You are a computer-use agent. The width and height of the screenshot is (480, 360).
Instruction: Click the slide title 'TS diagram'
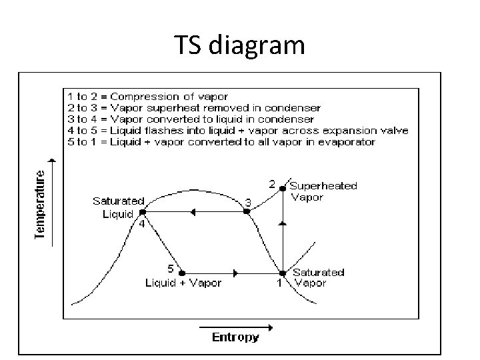240,45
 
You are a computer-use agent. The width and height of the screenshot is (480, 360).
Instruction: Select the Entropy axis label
235,337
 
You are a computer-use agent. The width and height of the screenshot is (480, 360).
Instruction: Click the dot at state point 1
282,273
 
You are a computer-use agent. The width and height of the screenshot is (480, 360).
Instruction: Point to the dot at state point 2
283,189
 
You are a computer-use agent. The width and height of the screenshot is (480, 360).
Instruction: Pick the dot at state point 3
247,211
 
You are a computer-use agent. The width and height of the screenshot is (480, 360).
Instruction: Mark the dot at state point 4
142,212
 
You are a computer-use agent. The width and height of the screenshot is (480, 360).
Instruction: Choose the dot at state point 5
182,273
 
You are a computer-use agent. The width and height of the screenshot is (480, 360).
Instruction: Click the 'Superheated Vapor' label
323,191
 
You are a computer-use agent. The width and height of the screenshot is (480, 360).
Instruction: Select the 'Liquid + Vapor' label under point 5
183,283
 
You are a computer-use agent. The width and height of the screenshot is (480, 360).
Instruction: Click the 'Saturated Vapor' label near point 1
318,277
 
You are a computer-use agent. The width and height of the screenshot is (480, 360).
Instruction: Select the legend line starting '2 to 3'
194,108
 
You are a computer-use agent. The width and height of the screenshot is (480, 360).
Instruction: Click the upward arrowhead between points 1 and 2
283,225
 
